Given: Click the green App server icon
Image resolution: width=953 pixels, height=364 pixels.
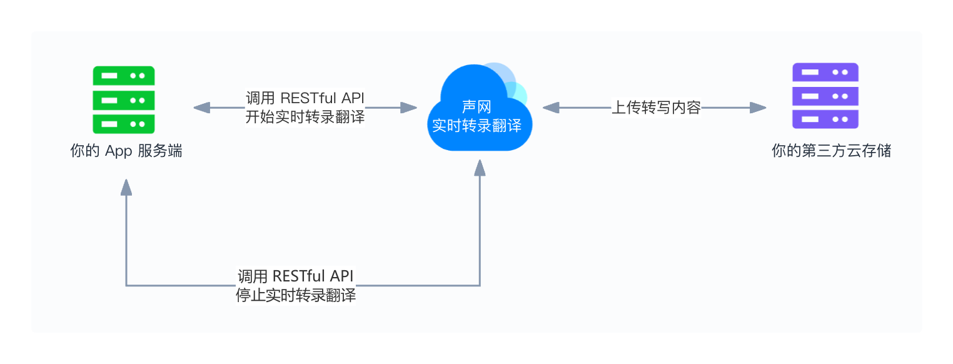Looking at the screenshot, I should tap(124, 99).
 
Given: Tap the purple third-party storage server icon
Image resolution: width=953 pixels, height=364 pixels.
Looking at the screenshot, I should tap(825, 96).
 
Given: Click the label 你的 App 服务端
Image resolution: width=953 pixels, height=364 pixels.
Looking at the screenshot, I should tap(126, 151).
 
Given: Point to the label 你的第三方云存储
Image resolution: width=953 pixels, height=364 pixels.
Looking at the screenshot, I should tap(831, 151).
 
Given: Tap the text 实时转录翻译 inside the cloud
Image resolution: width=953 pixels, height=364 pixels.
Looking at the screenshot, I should tap(476, 125).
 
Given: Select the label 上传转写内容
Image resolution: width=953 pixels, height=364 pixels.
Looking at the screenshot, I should tap(655, 108).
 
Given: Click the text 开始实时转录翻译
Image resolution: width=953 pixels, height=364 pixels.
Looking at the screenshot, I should tap(305, 117).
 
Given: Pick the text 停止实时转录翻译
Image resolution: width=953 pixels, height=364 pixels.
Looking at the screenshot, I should tap(296, 296).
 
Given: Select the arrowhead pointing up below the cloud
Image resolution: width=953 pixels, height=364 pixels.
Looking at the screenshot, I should tap(480, 168).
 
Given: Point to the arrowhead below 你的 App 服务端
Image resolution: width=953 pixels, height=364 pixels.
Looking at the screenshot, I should tap(126, 187).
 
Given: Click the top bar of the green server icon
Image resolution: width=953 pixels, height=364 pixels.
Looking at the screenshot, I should tap(124, 76).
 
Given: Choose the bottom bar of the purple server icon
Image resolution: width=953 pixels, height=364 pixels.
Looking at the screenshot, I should tap(825, 119).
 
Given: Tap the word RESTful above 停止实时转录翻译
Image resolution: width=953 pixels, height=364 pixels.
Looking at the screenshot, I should tap(299, 276).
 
